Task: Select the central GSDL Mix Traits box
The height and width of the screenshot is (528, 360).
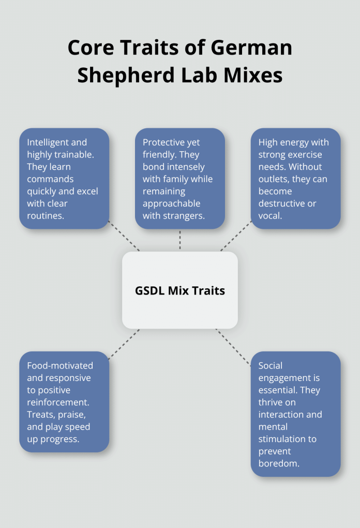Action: click(180, 290)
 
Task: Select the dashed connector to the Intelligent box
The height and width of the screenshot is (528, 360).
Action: click(124, 237)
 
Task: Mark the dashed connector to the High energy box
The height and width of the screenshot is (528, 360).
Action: click(236, 237)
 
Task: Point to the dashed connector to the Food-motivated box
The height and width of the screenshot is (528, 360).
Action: click(124, 343)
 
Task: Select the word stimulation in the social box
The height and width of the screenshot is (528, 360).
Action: click(282, 439)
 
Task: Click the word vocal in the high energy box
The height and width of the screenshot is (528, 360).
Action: click(269, 216)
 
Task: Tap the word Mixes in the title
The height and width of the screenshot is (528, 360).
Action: click(253, 75)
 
